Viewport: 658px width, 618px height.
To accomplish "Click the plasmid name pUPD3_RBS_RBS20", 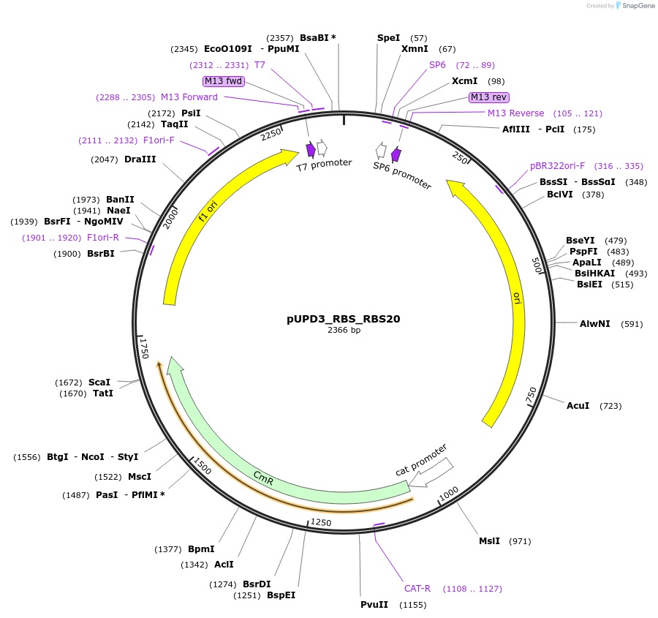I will coord(343,319).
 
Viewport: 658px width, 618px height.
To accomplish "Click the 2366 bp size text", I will coord(343,330).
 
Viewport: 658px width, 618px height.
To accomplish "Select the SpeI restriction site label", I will coord(388,37).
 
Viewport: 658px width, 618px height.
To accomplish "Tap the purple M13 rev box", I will coord(489,97).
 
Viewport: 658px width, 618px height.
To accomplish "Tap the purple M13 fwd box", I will coord(224,80).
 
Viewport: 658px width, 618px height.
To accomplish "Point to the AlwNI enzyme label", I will coord(594,323).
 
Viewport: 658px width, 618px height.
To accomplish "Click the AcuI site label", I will coord(578,405).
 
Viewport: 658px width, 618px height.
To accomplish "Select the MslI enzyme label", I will coord(489,541).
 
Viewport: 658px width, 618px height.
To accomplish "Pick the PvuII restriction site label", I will coord(374,605).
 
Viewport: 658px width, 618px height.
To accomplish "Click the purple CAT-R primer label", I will coord(417,589).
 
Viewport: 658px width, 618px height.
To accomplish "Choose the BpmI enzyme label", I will coord(201,549).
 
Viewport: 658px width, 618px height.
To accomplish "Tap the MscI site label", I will coord(140,477).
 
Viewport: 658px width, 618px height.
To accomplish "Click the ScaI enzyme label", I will coord(99,383).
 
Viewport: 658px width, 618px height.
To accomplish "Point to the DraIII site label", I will coord(140,159).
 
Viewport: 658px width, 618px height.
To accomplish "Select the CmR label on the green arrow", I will coord(263,478).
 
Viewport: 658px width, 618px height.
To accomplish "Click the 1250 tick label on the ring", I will coord(321,522).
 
